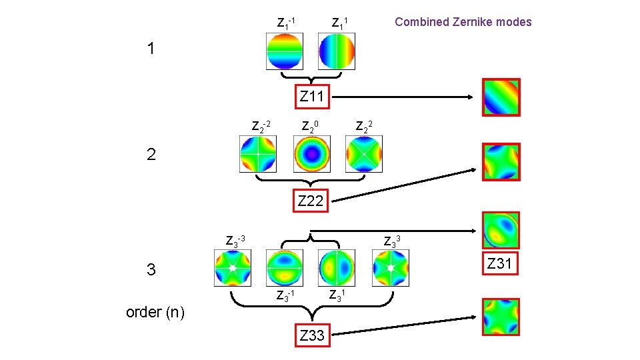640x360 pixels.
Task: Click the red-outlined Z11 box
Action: point(311,97)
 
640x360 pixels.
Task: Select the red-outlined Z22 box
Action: point(311,200)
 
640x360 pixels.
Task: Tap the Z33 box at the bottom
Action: point(311,335)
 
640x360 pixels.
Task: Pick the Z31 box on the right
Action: point(499,264)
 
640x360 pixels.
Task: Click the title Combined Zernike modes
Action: point(463,22)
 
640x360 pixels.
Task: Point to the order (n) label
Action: point(156,312)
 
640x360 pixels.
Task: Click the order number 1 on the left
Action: point(151,49)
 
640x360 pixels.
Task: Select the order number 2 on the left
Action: point(151,155)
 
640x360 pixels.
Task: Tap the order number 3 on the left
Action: point(151,270)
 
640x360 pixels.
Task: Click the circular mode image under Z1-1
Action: point(285,51)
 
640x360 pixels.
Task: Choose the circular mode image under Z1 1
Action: point(337,51)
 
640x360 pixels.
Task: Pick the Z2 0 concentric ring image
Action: point(311,154)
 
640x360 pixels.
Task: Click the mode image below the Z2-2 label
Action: point(258,154)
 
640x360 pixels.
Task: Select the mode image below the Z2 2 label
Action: point(364,154)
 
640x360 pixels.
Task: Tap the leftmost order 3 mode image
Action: point(232,268)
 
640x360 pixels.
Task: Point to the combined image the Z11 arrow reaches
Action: point(501,97)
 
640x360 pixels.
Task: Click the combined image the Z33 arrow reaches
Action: point(501,317)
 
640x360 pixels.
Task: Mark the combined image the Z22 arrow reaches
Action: point(501,162)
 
